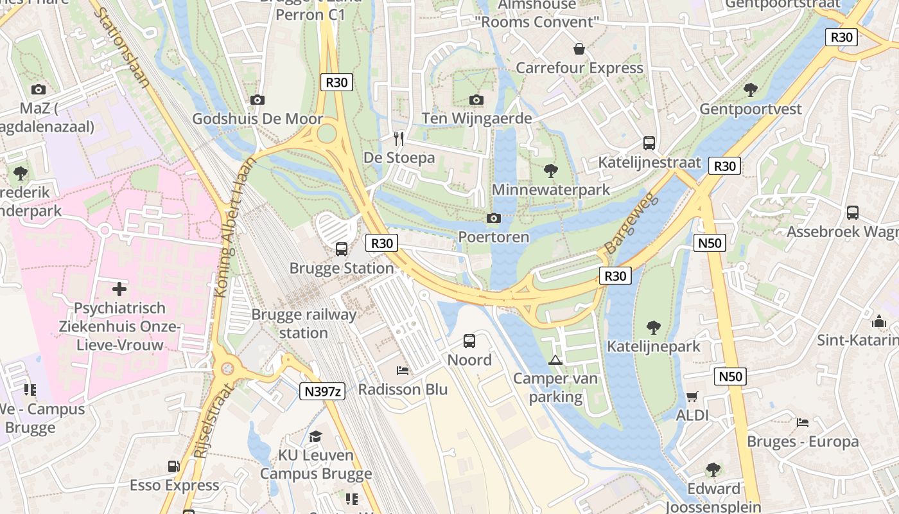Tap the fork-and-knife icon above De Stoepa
tap(399, 138)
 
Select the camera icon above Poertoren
tap(493, 218)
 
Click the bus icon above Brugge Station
tap(342, 249)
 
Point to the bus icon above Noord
tap(469, 341)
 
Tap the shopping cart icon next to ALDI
tap(692, 396)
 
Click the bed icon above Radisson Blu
tap(403, 371)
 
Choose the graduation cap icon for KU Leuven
tap(315, 437)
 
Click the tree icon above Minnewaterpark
tap(550, 171)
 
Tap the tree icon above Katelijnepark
tap(654, 328)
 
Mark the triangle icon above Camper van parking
tap(555, 360)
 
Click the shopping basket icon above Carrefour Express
tap(579, 49)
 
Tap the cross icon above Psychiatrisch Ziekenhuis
tap(119, 289)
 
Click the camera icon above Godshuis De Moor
tap(257, 100)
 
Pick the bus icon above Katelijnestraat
tap(649, 143)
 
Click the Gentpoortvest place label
tap(751, 109)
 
